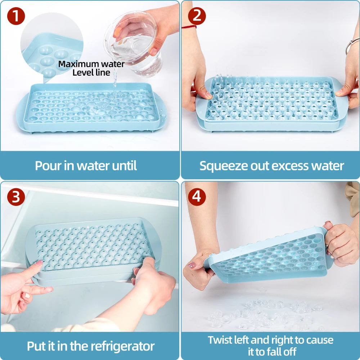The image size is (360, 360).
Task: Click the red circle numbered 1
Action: pyautogui.click(x=16, y=16)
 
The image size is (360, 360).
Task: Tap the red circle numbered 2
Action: pyautogui.click(x=197, y=16)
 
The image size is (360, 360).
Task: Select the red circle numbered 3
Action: pyautogui.click(x=16, y=197)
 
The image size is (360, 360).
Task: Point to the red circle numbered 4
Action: pyautogui.click(x=197, y=197)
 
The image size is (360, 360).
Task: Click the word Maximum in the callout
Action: pyautogui.click(x=76, y=64)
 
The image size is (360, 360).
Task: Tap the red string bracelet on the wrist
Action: pyautogui.click(x=189, y=27)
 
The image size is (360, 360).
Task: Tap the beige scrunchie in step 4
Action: pyautogui.click(x=353, y=199)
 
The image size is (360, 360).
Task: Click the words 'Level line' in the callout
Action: pyautogui.click(x=91, y=73)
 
